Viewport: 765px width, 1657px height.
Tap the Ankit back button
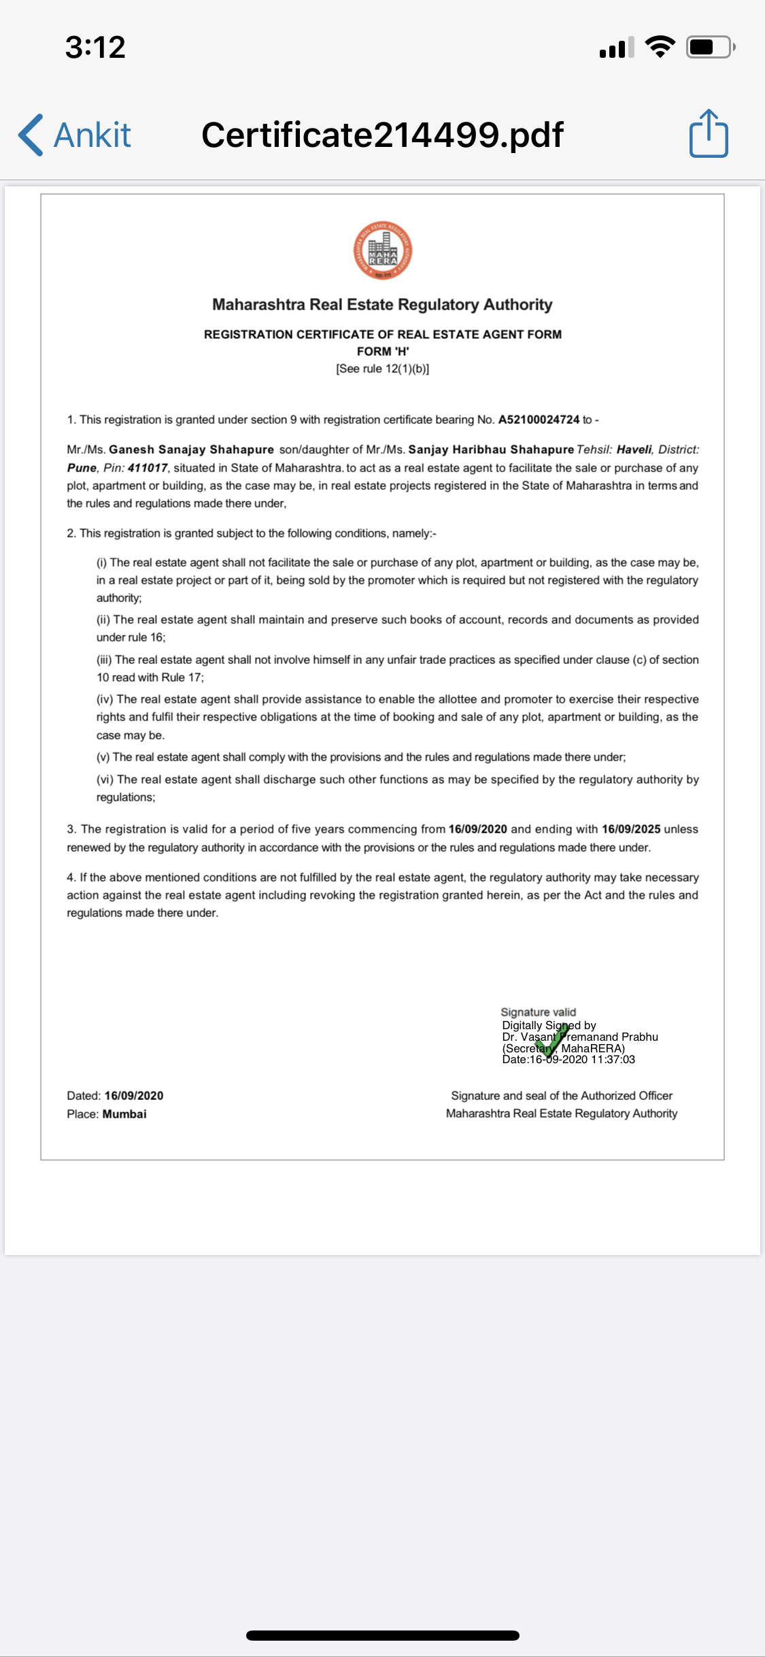click(75, 135)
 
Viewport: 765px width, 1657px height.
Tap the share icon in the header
click(709, 134)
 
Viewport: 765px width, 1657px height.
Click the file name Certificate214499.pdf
click(382, 135)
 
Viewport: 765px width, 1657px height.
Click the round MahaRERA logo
click(382, 250)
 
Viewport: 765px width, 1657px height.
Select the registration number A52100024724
click(539, 420)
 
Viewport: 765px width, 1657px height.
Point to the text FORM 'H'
click(383, 351)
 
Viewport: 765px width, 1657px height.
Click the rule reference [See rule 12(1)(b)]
click(382, 369)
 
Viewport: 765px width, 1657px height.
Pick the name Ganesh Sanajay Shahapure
click(191, 450)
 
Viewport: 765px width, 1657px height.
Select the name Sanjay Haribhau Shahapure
click(491, 450)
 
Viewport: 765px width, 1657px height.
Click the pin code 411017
click(148, 468)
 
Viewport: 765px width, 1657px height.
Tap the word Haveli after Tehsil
click(634, 450)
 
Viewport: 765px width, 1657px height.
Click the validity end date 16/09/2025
click(631, 829)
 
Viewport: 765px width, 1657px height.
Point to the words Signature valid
click(538, 1012)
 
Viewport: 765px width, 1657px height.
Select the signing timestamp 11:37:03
click(613, 1059)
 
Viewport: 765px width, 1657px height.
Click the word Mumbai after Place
click(124, 1114)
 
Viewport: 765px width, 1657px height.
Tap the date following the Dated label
click(134, 1096)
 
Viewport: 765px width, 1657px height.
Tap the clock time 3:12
click(95, 47)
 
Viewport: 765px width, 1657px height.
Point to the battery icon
click(709, 47)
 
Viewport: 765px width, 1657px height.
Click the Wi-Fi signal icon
click(660, 46)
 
